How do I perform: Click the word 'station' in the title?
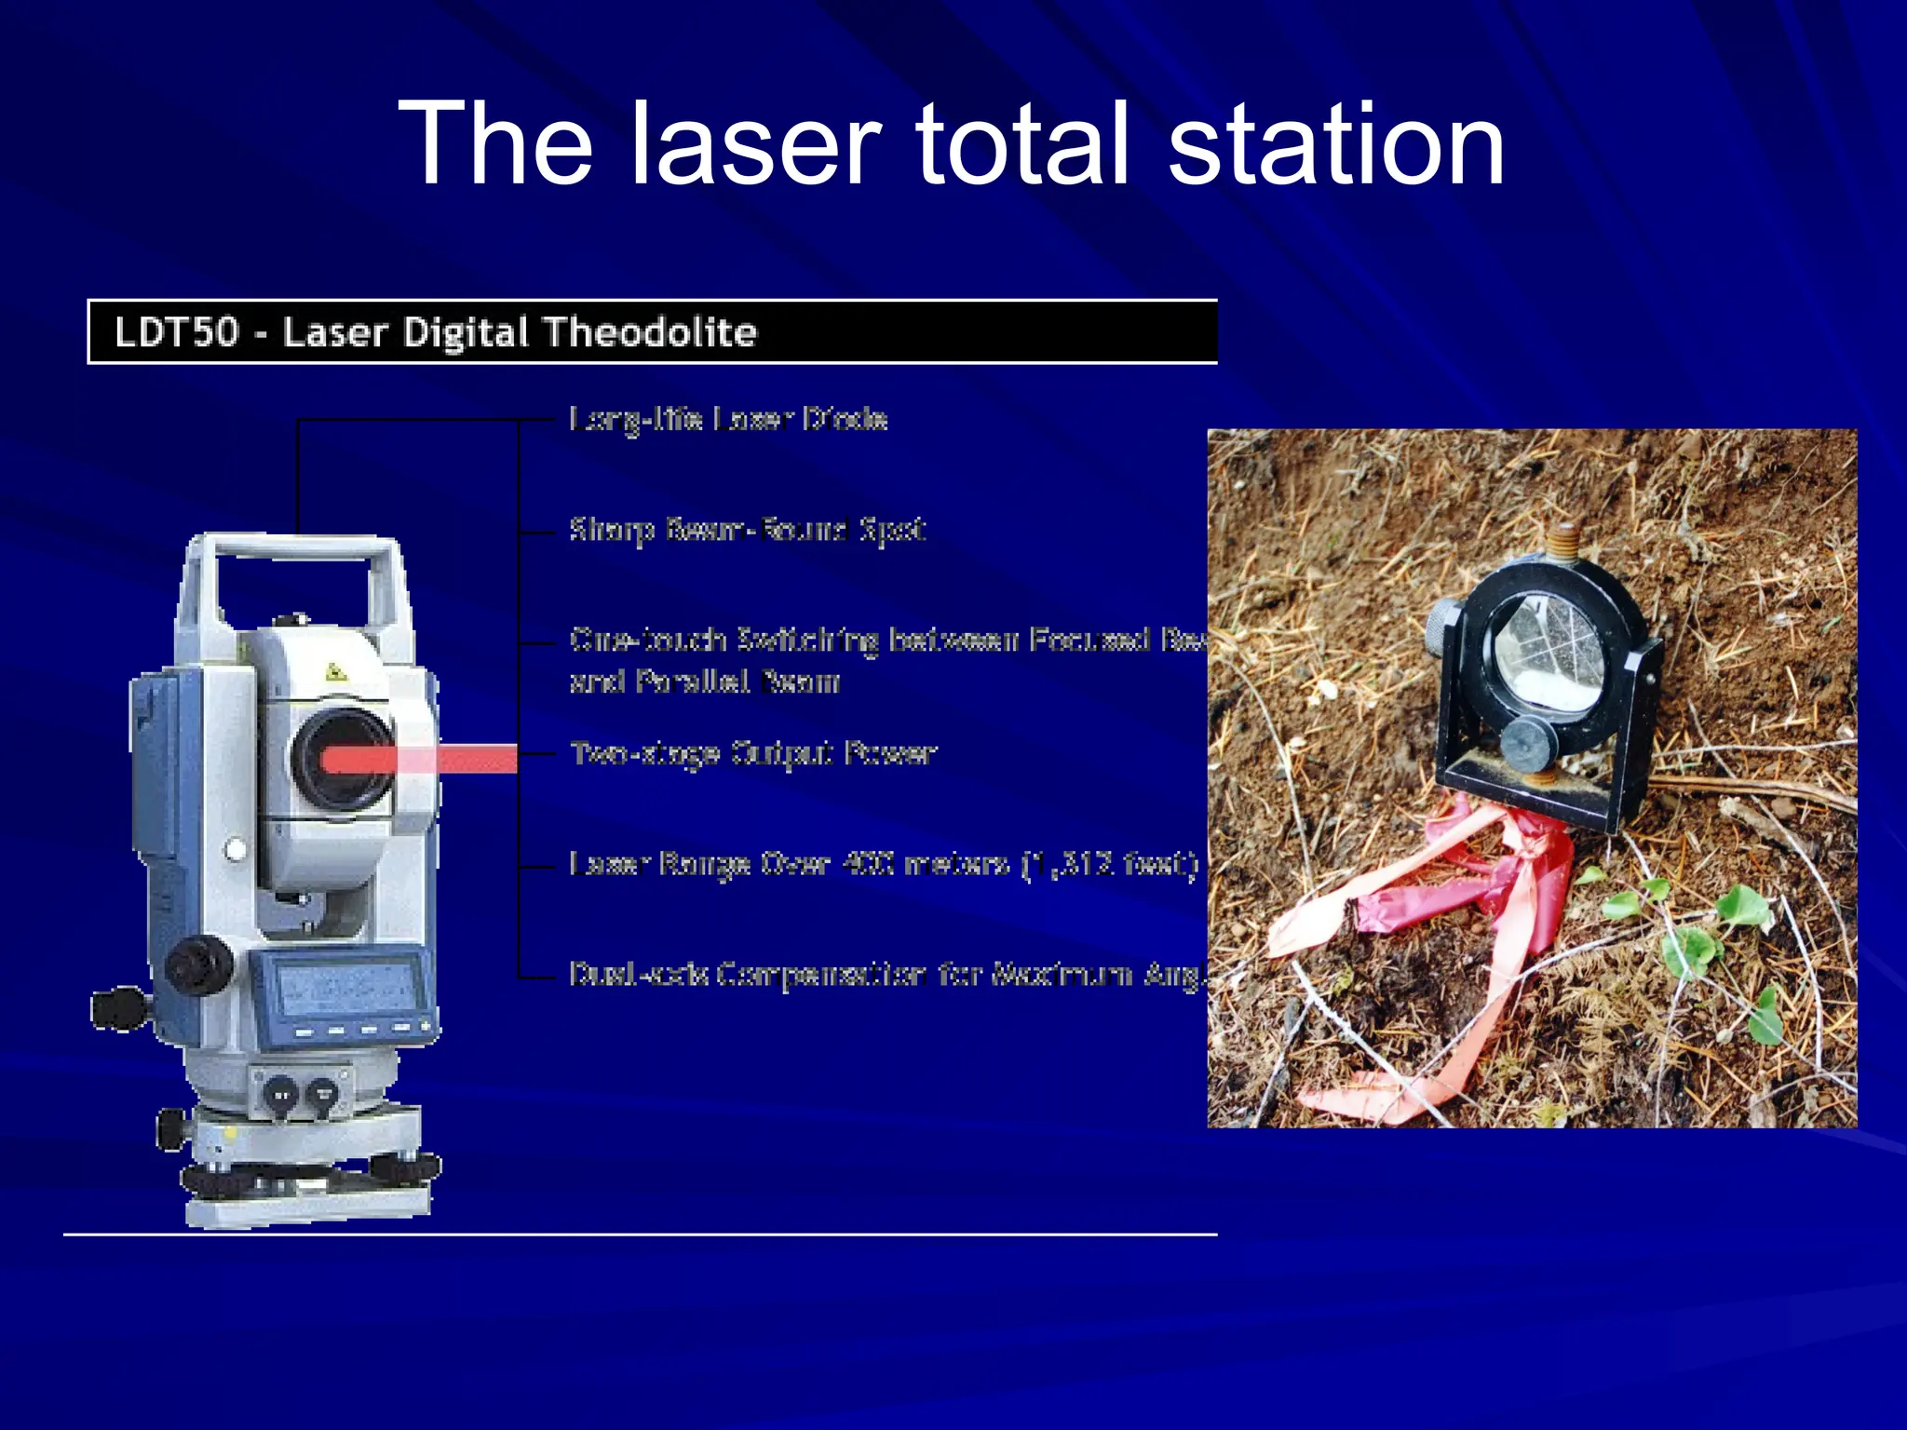tap(1335, 145)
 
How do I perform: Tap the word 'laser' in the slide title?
tap(755, 145)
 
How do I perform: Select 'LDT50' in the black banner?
tap(177, 332)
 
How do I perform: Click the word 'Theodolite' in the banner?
tap(649, 332)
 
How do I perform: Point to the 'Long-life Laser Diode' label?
tap(728, 419)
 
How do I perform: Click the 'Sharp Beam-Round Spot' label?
tap(747, 530)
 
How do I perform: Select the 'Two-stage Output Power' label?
tap(752, 752)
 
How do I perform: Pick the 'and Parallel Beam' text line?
tap(704, 681)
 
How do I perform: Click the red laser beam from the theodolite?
tap(456, 759)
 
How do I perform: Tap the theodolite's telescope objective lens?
tap(343, 757)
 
